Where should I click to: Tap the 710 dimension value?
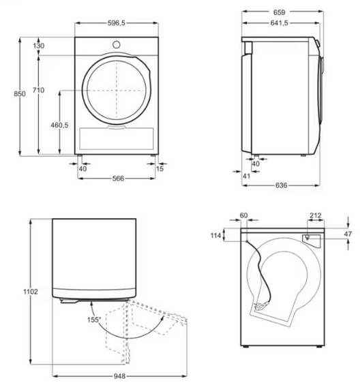click(39, 89)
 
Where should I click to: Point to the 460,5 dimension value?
click(60, 125)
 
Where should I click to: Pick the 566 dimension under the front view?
click(117, 179)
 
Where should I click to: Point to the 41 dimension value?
click(247, 176)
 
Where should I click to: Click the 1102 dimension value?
click(31, 291)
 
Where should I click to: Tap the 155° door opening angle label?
click(93, 319)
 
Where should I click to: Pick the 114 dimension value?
click(217, 236)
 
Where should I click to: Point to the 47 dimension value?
click(348, 234)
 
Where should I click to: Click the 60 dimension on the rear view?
click(243, 216)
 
